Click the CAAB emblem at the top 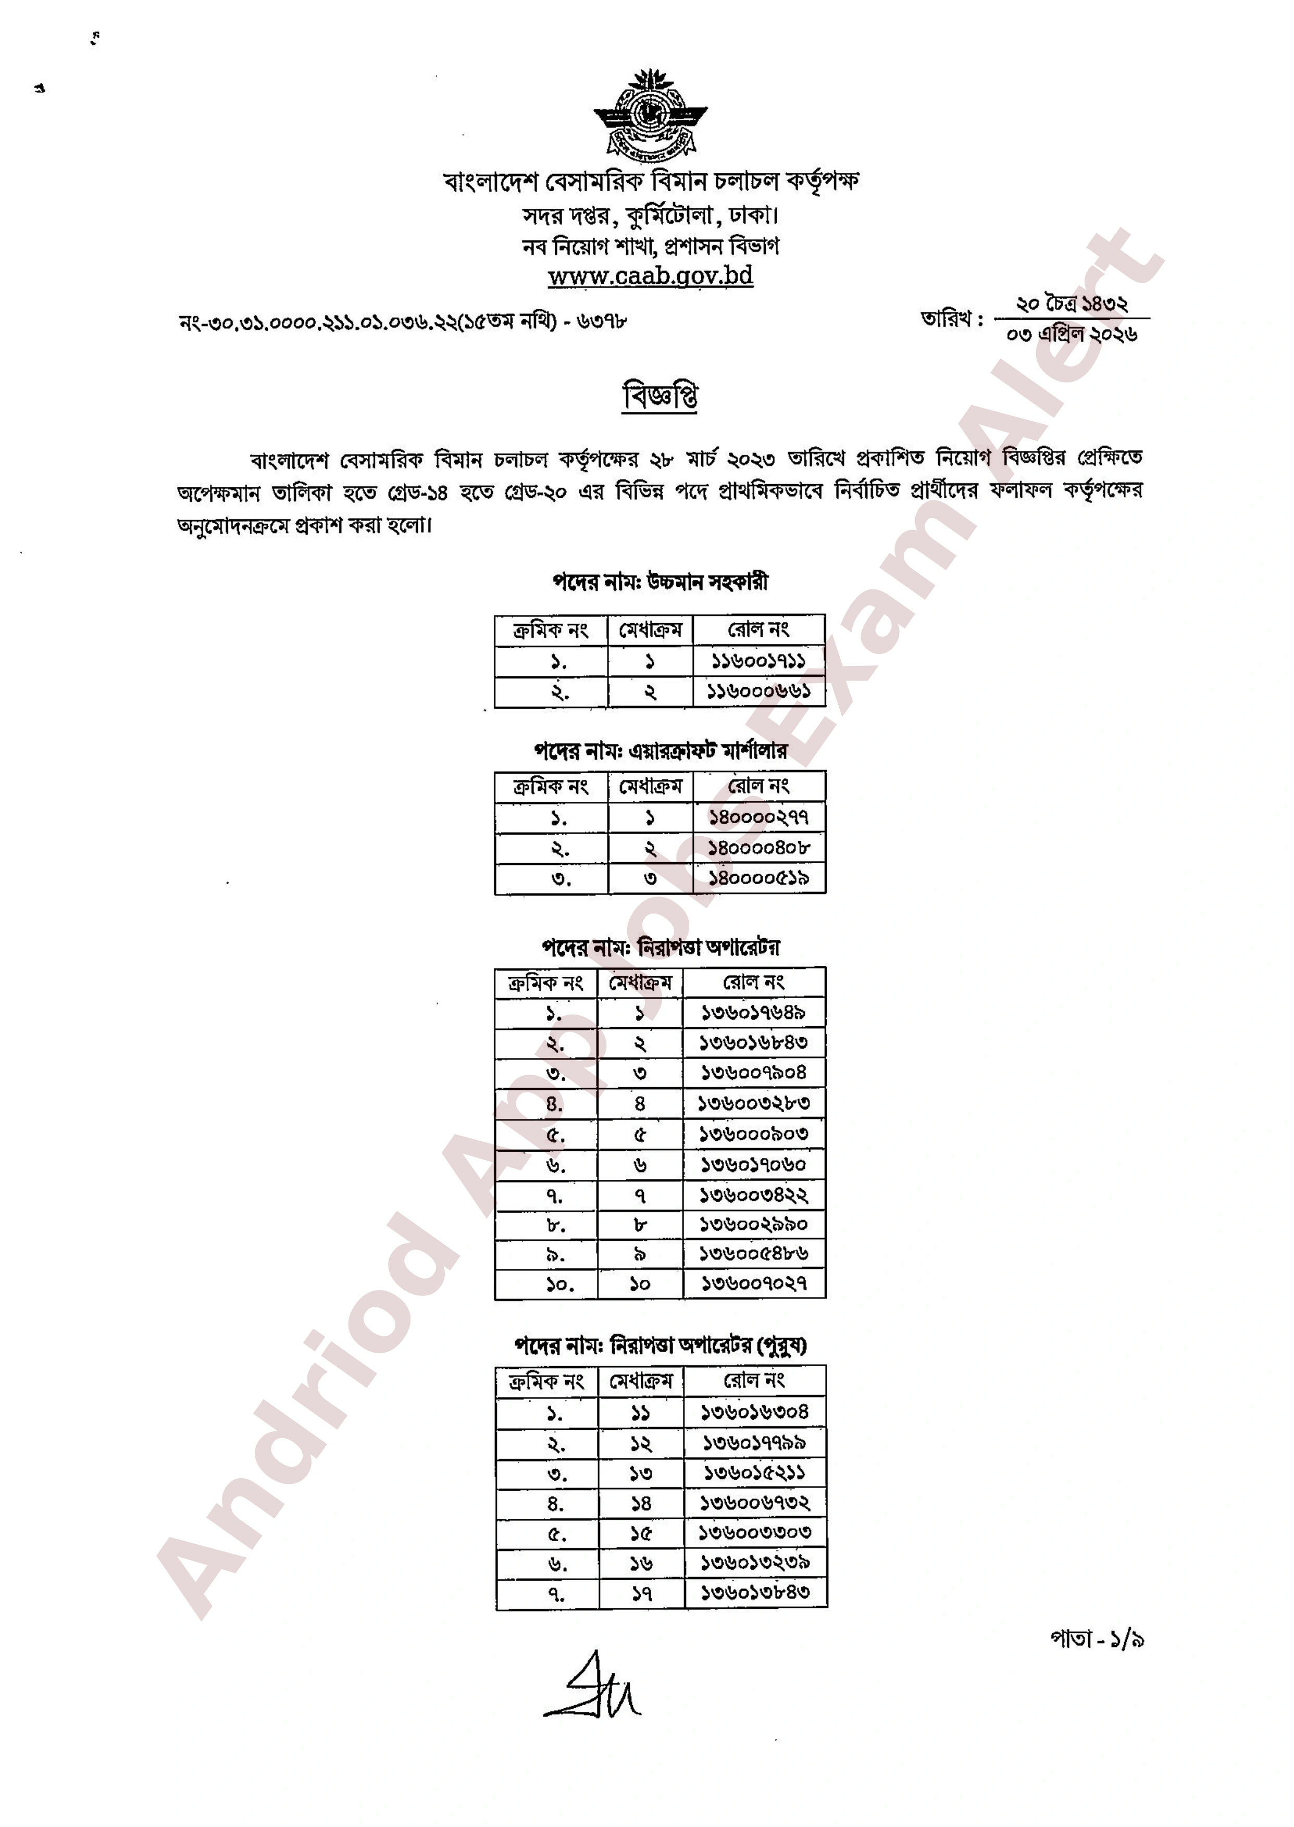point(650,115)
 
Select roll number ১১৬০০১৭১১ point(758,661)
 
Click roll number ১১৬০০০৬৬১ point(758,691)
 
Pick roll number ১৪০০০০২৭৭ point(758,817)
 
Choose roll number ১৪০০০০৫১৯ point(758,878)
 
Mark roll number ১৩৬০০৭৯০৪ point(753,1073)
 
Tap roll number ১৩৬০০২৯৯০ point(753,1224)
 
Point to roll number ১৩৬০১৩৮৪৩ point(754,1593)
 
